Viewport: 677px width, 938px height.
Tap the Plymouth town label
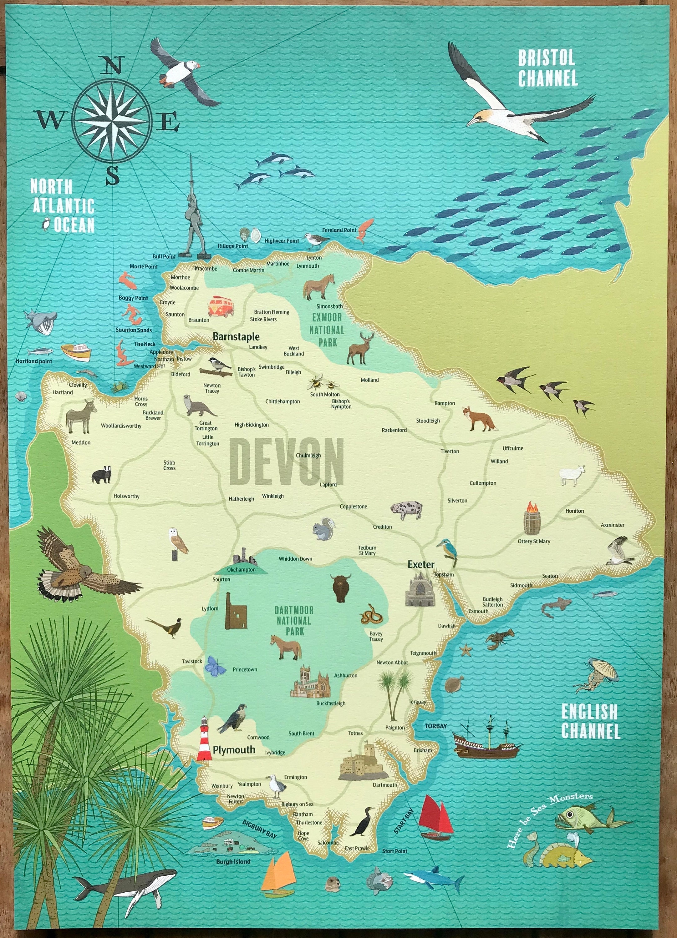pos(234,750)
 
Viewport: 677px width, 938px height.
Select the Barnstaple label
pos(236,337)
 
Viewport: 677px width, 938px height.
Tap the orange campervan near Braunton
pos(221,306)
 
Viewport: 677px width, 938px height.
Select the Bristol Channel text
pos(547,68)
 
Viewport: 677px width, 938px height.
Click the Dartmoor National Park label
pos(294,620)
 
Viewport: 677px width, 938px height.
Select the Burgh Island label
pos(233,861)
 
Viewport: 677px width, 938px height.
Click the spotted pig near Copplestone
pos(407,509)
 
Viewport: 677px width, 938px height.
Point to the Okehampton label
pos(241,569)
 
